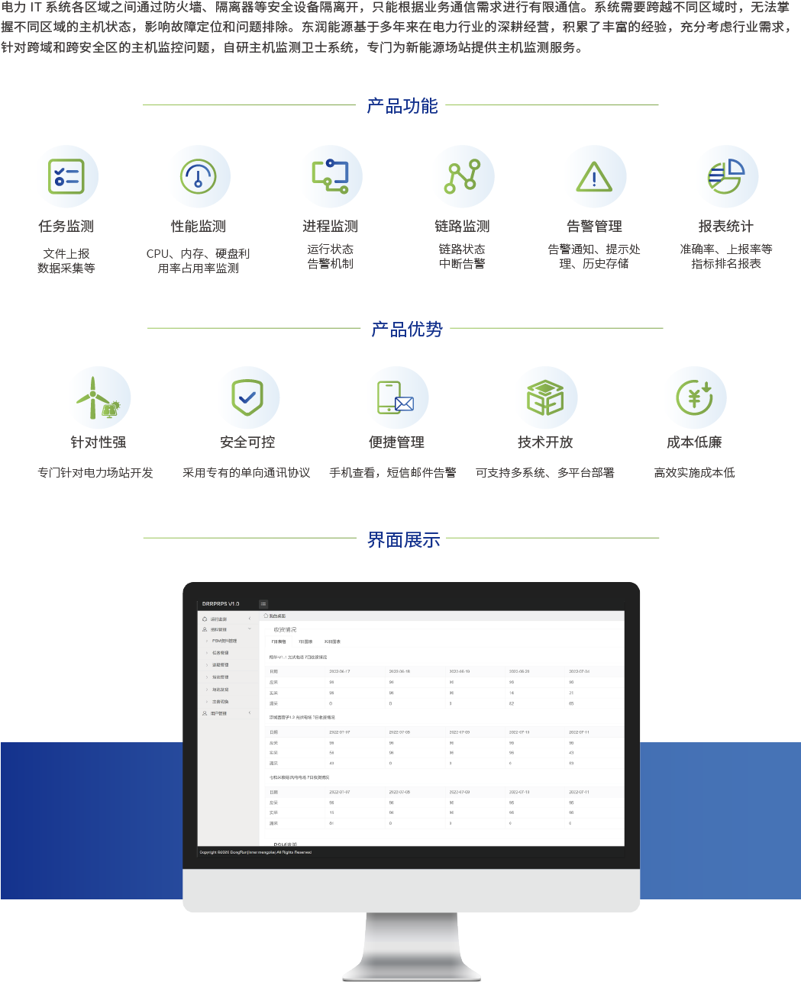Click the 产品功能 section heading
pos(402,106)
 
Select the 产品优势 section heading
pos(406,330)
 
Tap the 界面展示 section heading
pos(403,540)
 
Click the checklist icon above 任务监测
pos(66,177)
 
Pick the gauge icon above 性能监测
pos(199,177)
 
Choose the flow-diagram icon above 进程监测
pos(330,176)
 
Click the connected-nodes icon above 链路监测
pos(462,176)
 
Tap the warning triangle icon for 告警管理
pos(594,177)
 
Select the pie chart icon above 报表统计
pos(725,176)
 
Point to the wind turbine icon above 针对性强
pos(98,398)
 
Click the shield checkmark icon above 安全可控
pos(247,397)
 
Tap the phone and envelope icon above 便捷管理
pos(396,397)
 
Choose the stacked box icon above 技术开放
pos(545,398)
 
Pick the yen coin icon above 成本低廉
pos(694,397)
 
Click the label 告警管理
pos(594,227)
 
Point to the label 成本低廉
pos(694,442)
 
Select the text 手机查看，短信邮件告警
pos(392,473)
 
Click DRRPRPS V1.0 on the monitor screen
pos(221,604)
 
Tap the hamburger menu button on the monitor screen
pos(263,604)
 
